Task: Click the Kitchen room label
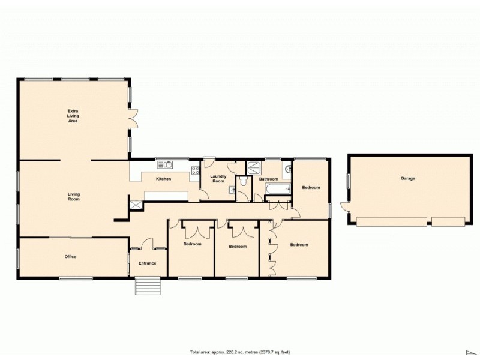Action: (164, 179)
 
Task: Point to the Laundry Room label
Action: (217, 178)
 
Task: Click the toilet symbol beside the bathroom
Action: (243, 182)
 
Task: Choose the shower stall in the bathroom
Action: (254, 167)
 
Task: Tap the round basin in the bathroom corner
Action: (286, 169)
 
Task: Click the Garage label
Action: (408, 178)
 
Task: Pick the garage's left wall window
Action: (348, 180)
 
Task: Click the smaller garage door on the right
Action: (448, 222)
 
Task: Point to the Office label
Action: (70, 257)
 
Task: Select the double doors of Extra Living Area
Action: (133, 118)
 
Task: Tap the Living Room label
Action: (73, 196)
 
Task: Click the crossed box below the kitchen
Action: (136, 205)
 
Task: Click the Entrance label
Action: (148, 263)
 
